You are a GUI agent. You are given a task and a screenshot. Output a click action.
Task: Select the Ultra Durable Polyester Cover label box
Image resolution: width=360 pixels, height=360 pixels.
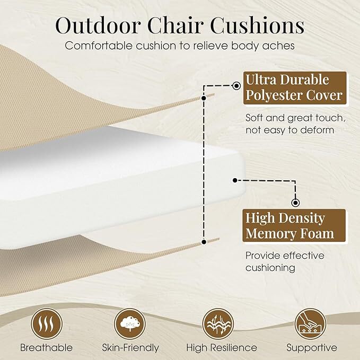(293, 88)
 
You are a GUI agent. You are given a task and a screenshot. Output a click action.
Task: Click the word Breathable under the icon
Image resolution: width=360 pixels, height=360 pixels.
(47, 348)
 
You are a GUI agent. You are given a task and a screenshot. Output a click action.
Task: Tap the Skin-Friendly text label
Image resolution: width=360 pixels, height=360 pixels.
(130, 348)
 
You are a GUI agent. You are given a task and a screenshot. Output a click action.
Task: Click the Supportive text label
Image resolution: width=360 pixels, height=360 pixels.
(311, 348)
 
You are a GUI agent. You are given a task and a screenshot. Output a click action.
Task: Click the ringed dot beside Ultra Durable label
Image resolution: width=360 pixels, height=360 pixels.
(236, 84)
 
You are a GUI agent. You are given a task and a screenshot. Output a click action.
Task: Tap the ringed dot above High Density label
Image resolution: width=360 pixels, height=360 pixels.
(295, 202)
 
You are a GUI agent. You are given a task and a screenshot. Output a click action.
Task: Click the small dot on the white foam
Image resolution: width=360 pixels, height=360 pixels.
(234, 180)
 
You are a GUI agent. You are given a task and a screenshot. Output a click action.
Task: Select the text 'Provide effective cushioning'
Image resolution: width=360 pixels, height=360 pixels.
(285, 262)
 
